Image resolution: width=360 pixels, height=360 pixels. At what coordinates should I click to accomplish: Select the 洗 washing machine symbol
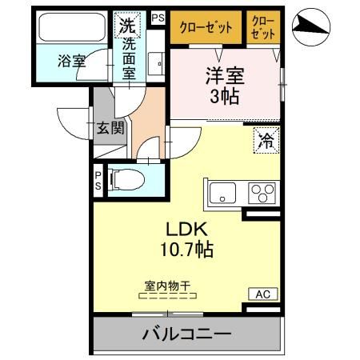(x=128, y=25)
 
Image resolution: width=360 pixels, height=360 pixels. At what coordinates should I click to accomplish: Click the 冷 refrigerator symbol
(x=265, y=141)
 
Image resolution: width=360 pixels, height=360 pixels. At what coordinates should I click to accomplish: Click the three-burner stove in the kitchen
(x=262, y=193)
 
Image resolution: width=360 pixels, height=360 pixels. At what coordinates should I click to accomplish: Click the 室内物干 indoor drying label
(x=166, y=285)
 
